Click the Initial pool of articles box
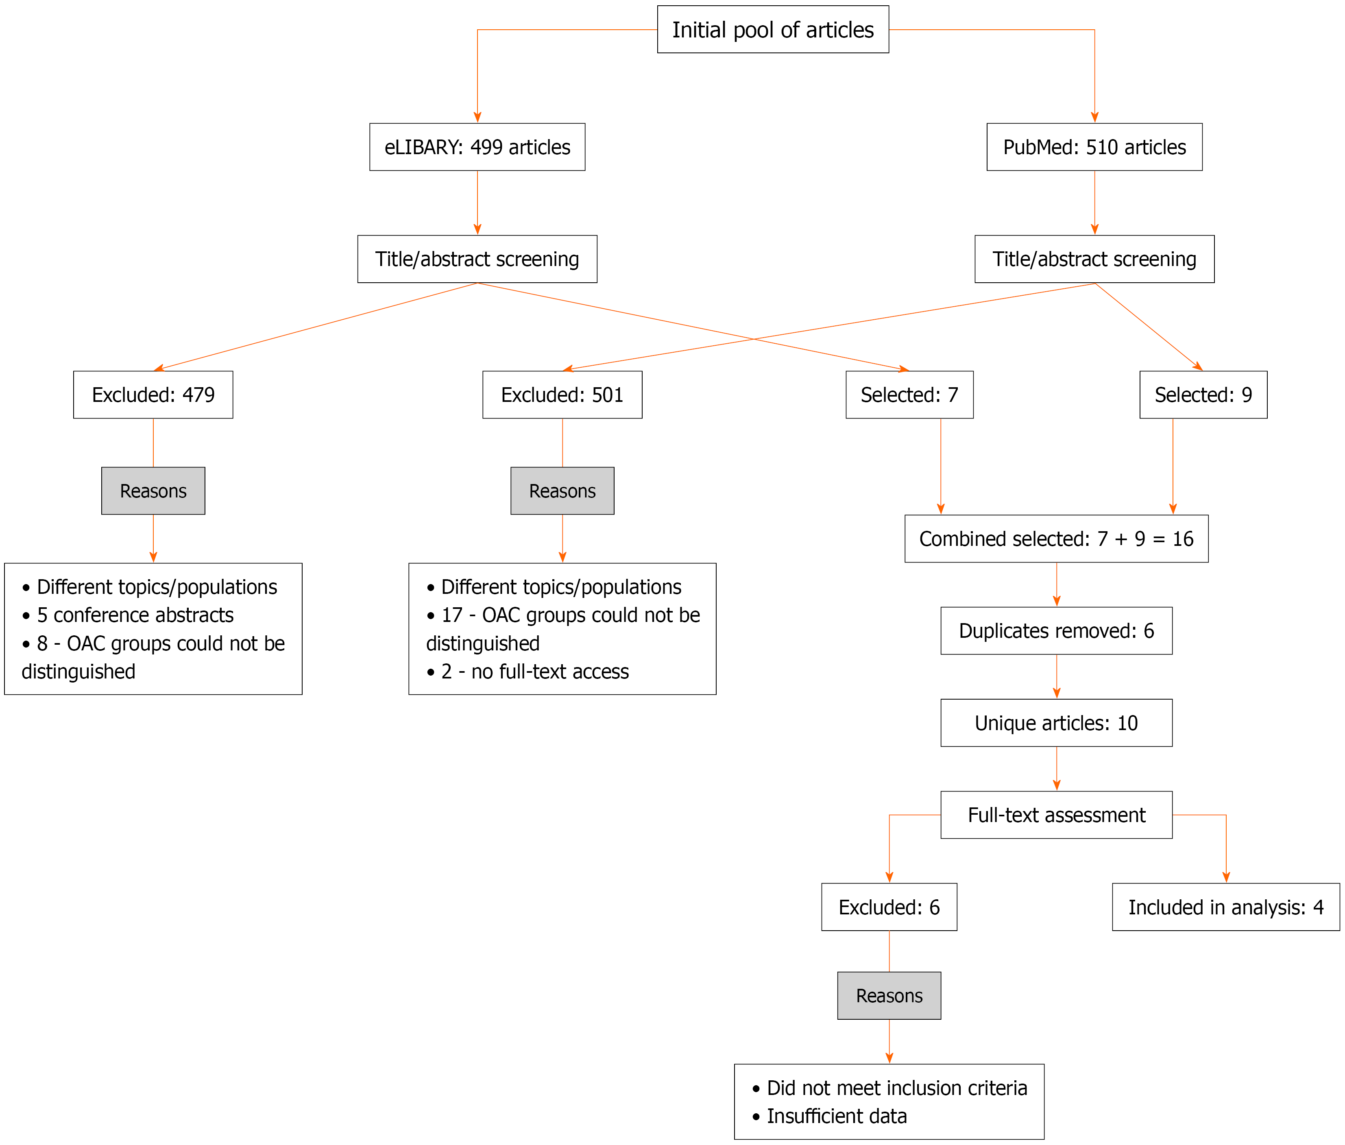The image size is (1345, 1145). (x=772, y=30)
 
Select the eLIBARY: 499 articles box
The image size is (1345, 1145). (x=477, y=147)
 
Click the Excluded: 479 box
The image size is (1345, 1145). (x=153, y=395)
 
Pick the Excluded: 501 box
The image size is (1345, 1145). (x=562, y=395)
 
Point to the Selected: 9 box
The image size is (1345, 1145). (x=1203, y=395)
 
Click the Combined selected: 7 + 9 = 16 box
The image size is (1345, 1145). (x=1056, y=539)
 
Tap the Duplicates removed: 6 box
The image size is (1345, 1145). (x=1056, y=631)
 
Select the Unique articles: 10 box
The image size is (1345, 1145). (x=1056, y=723)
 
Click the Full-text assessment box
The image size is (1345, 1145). (x=1056, y=815)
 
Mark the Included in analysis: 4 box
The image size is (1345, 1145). (x=1225, y=907)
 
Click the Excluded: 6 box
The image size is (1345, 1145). (x=889, y=907)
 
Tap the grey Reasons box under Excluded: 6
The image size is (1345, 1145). (x=889, y=996)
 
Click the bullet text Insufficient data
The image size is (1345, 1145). (x=836, y=1117)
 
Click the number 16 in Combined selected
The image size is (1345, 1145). (x=1183, y=539)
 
